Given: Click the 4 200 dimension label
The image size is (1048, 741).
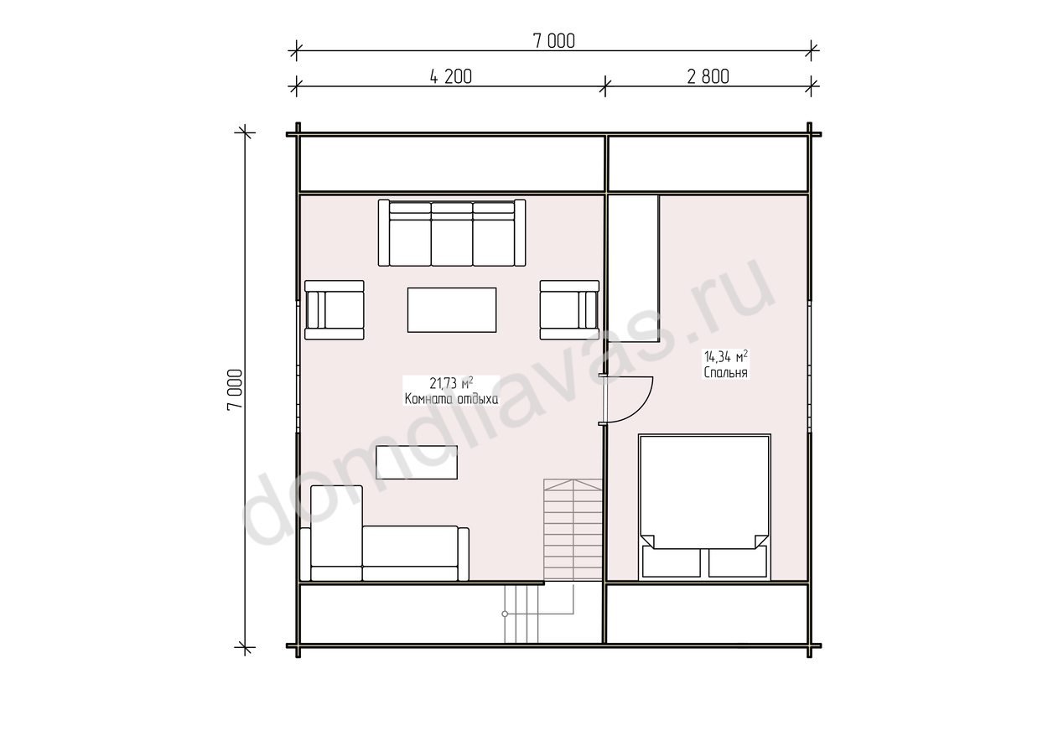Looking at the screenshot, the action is point(450,77).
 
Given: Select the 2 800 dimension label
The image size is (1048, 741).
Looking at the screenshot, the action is point(708,77).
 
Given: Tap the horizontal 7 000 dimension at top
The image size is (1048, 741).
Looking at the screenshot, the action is point(554,41).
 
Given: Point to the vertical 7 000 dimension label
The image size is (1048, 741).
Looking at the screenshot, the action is point(235,390).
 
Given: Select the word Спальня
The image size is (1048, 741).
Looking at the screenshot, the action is point(726,372).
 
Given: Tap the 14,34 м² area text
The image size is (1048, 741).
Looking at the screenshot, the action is point(726,357).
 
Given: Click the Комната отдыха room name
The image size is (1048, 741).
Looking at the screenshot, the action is point(452,399).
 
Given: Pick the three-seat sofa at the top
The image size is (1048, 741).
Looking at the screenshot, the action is point(452,233).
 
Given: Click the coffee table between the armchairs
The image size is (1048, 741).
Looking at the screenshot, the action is point(452,309).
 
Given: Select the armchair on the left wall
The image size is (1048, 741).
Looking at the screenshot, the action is point(334,309).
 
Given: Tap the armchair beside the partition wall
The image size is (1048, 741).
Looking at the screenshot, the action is point(569,309).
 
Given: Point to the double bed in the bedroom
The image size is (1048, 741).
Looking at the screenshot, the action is point(704,507).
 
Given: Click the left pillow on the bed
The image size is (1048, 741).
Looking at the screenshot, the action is point(672,562).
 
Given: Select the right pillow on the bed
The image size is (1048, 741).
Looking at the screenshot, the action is point(737,562).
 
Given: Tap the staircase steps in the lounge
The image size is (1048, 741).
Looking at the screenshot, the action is point(573,530).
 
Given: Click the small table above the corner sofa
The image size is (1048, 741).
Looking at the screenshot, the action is point(417,462).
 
